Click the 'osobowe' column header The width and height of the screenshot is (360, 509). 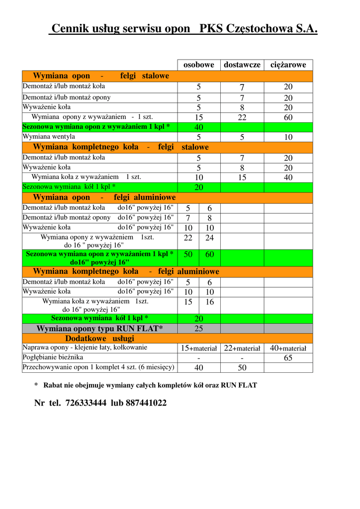199,65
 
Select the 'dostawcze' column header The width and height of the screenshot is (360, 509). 242,65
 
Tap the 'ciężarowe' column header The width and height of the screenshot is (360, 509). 288,65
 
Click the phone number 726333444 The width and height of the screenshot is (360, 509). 86,403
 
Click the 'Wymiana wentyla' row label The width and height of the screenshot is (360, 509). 49,137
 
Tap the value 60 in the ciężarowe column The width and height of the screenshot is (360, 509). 288,118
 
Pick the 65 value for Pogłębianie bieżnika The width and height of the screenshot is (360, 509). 288,358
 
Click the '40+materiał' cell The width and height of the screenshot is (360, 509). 288,348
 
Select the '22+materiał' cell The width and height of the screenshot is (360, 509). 242,348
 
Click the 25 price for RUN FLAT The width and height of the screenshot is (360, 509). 199,329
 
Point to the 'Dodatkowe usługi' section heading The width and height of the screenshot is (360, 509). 99,339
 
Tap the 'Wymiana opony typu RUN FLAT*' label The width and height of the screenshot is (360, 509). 99,329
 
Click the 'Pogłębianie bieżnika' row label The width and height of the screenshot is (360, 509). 53,357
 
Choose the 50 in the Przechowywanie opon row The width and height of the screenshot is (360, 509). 242,368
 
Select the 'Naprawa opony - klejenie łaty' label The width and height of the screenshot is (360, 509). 85,347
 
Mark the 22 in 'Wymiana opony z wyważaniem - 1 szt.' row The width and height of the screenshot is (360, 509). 242,118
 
